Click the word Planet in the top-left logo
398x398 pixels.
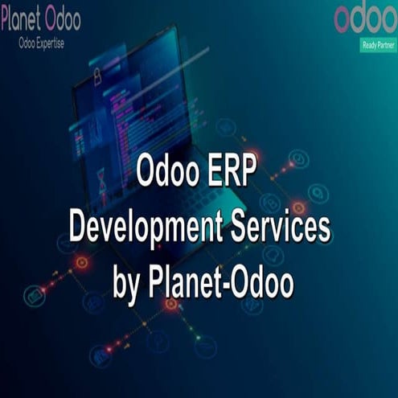click(25, 18)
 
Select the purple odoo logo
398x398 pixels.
click(366, 18)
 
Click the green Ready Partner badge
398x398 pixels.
click(378, 45)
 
